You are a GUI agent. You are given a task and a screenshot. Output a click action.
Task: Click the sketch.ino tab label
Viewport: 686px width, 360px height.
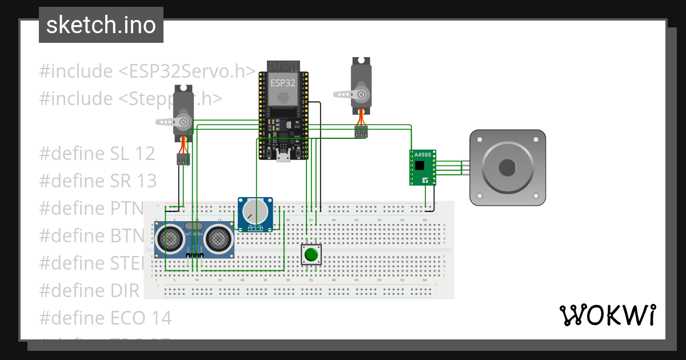101,25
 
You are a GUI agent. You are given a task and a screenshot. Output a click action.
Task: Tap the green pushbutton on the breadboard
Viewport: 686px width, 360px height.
312,254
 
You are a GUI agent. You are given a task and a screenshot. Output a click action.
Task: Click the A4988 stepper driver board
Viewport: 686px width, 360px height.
423,167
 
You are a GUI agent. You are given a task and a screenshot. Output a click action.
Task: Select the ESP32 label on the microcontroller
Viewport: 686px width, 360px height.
284,83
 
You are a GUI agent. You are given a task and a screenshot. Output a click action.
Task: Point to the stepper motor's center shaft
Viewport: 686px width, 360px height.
507,167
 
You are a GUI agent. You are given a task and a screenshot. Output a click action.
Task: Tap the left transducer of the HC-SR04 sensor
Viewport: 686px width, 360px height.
170,239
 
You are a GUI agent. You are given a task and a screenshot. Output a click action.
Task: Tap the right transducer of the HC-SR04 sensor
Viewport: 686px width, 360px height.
219,239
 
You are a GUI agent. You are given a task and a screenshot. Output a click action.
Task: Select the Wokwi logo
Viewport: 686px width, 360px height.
607,315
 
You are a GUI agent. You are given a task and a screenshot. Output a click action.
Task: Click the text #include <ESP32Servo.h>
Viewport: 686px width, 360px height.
147,71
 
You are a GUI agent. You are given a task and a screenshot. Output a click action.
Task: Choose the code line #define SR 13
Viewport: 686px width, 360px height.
98,181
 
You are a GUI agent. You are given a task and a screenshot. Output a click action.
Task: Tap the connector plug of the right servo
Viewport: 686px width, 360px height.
360,132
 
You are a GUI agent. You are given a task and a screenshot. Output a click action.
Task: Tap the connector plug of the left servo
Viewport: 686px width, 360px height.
183,159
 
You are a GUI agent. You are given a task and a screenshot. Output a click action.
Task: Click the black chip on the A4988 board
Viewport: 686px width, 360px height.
421,166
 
